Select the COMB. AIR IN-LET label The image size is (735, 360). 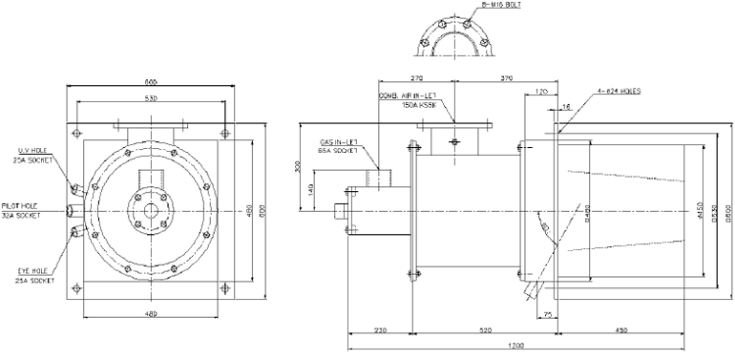point(408,95)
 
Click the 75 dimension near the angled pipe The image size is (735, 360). point(547,312)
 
